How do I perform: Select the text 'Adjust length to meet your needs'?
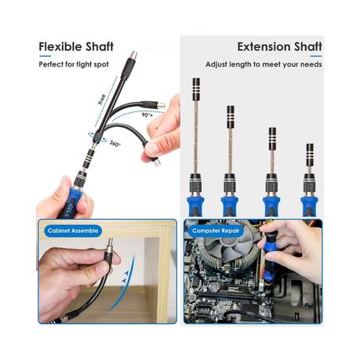pyautogui.click(x=264, y=64)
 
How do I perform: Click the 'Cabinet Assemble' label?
pyautogui.click(x=72, y=231)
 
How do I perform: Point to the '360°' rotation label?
pyautogui.click(x=115, y=144)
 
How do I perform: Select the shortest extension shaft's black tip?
pyautogui.click(x=310, y=152)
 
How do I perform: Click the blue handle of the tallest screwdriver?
pyautogui.click(x=195, y=205)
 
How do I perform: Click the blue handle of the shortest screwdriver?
pyautogui.click(x=310, y=205)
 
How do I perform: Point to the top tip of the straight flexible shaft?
pyautogui.click(x=132, y=56)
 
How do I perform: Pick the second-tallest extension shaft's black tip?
pyautogui.click(x=231, y=115)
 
